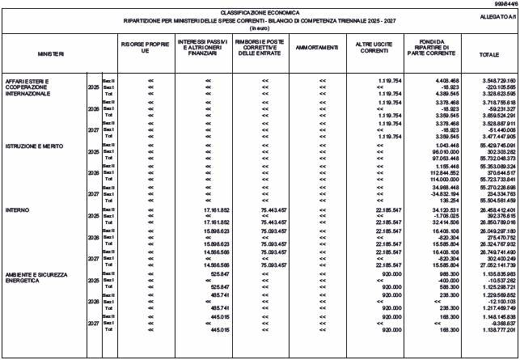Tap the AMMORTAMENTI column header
pyautogui.click(x=323, y=51)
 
